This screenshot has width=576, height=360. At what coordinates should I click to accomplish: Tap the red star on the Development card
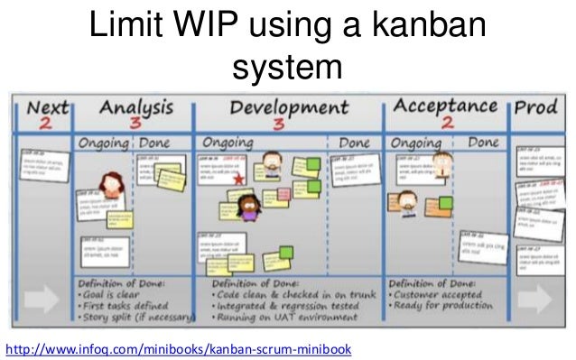pos(238,179)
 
